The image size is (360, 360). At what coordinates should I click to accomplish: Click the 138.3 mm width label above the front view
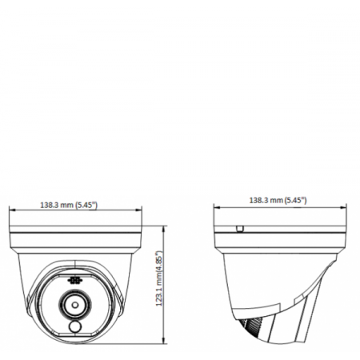click(68, 205)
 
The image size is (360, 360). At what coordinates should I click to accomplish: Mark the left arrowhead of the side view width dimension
click(216, 206)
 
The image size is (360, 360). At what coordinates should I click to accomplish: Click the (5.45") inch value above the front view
click(86, 205)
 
